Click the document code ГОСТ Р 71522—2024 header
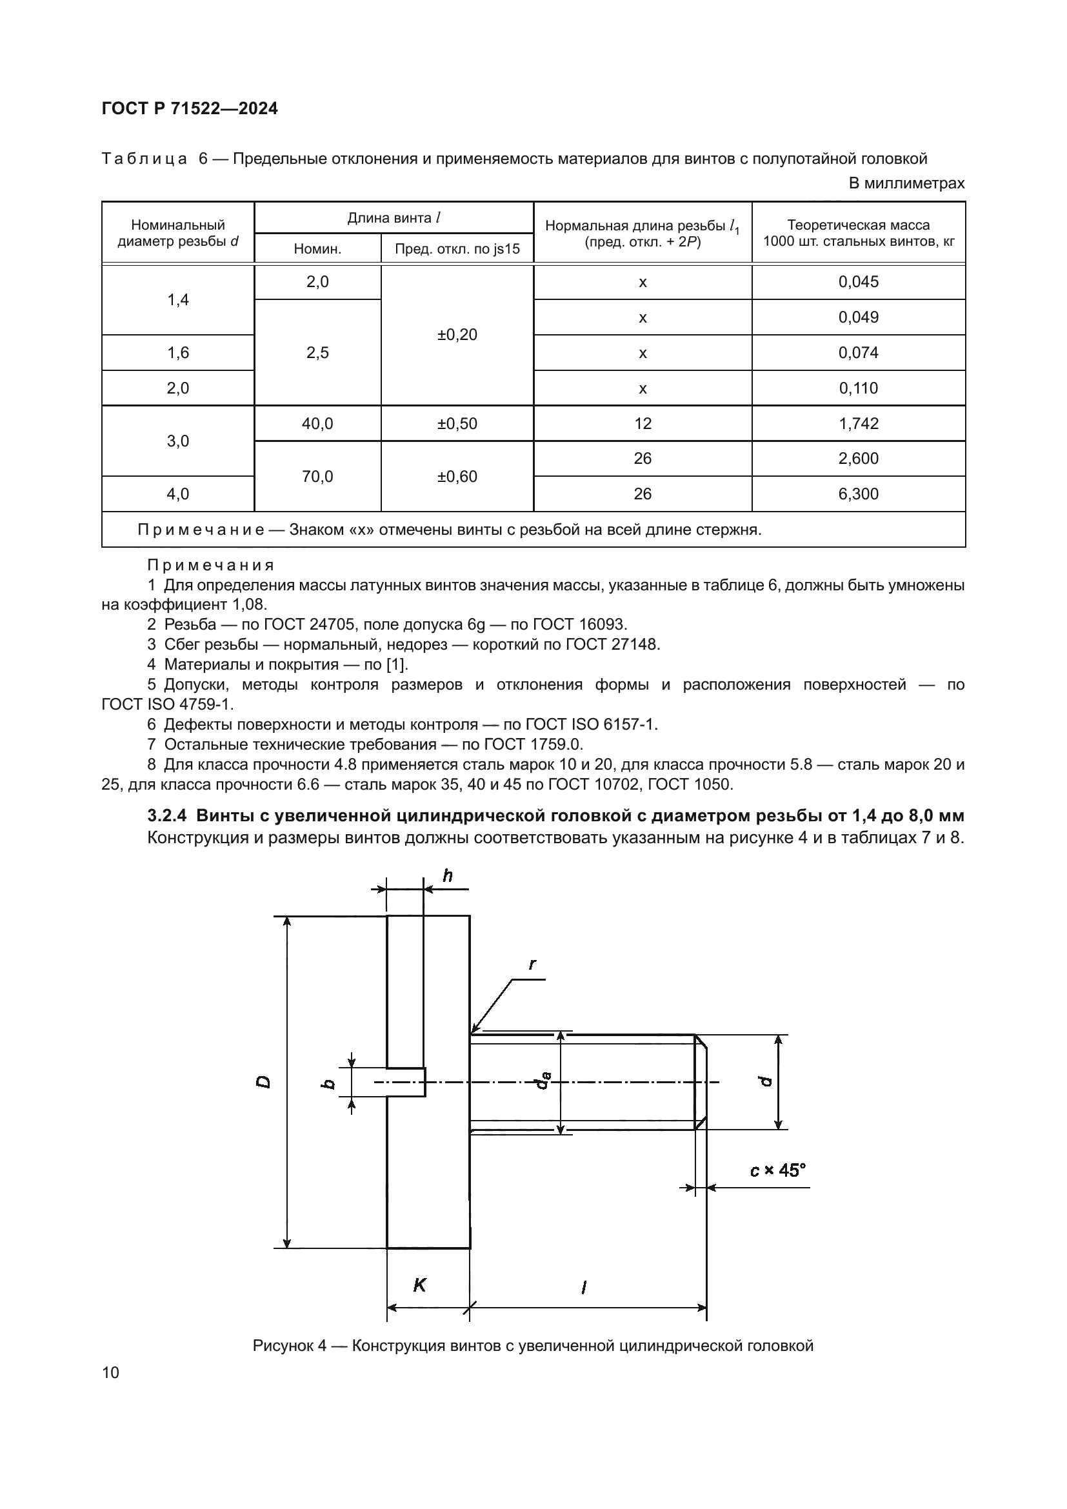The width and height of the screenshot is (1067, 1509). (190, 108)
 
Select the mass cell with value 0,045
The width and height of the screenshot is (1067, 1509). (858, 282)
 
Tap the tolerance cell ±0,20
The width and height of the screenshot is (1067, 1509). (457, 335)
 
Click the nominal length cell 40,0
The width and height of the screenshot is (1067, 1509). (317, 423)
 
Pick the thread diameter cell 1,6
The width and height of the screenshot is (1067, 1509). (178, 353)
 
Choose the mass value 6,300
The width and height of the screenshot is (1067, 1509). (858, 494)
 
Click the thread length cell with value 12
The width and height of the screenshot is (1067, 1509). (643, 423)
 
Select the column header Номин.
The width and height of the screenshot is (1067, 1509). (317, 249)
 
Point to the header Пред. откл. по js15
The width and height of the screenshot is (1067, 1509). (457, 249)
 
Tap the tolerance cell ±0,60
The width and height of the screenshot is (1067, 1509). (457, 477)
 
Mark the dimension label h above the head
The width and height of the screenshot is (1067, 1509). (448, 876)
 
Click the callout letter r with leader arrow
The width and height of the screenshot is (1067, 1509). (532, 964)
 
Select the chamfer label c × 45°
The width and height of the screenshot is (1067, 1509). (778, 1170)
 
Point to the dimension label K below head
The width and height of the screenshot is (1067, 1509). (419, 1286)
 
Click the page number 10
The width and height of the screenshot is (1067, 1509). (111, 1372)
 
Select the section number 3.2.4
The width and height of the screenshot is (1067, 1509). (167, 816)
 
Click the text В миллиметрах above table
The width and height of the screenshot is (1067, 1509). (906, 183)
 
